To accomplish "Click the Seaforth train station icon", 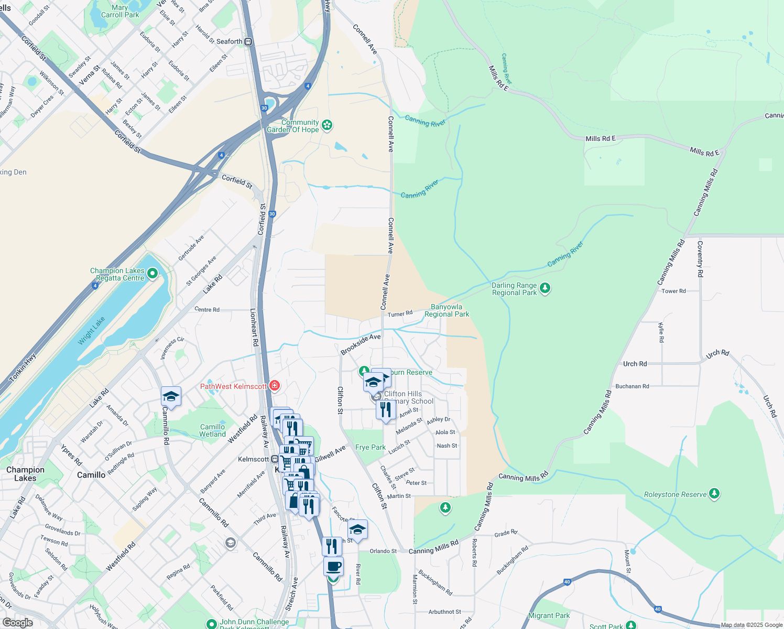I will [248, 42].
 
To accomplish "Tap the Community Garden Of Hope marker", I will [328, 125].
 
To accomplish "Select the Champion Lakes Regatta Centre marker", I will [153, 273].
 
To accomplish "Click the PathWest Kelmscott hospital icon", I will [274, 386].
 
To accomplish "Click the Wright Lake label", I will [91, 331].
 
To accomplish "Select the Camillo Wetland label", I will [212, 430].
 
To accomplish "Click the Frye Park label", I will [371, 447].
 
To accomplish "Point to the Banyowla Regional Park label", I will [447, 310].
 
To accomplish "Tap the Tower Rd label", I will [673, 291].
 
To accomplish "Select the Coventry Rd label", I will [700, 259].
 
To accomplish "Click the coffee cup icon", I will [333, 567].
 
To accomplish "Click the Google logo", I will [17, 623].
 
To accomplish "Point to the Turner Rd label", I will [400, 314].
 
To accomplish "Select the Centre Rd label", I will [207, 309].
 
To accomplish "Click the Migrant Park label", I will [549, 615].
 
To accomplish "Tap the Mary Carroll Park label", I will [120, 11].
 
